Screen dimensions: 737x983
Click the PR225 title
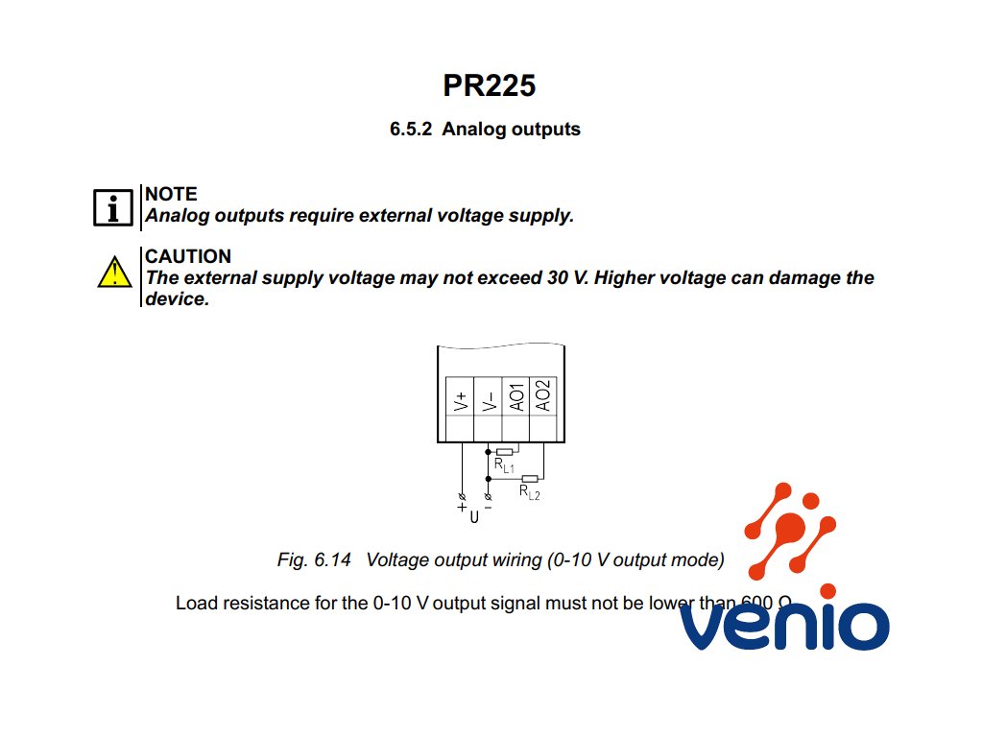[x=489, y=85]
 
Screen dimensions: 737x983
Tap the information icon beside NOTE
[x=112, y=206]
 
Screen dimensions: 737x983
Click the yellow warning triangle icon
[x=114, y=273]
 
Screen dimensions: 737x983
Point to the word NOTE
[x=171, y=194]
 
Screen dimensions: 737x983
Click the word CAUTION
[x=188, y=256]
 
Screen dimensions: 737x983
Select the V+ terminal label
[x=461, y=400]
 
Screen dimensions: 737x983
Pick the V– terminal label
[x=489, y=400]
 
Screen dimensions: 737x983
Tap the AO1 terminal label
[x=516, y=397]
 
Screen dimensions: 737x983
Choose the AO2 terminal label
[x=543, y=396]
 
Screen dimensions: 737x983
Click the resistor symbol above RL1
[x=504, y=451]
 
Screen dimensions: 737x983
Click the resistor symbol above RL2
[x=530, y=478]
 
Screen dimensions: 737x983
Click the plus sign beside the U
[x=462, y=507]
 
